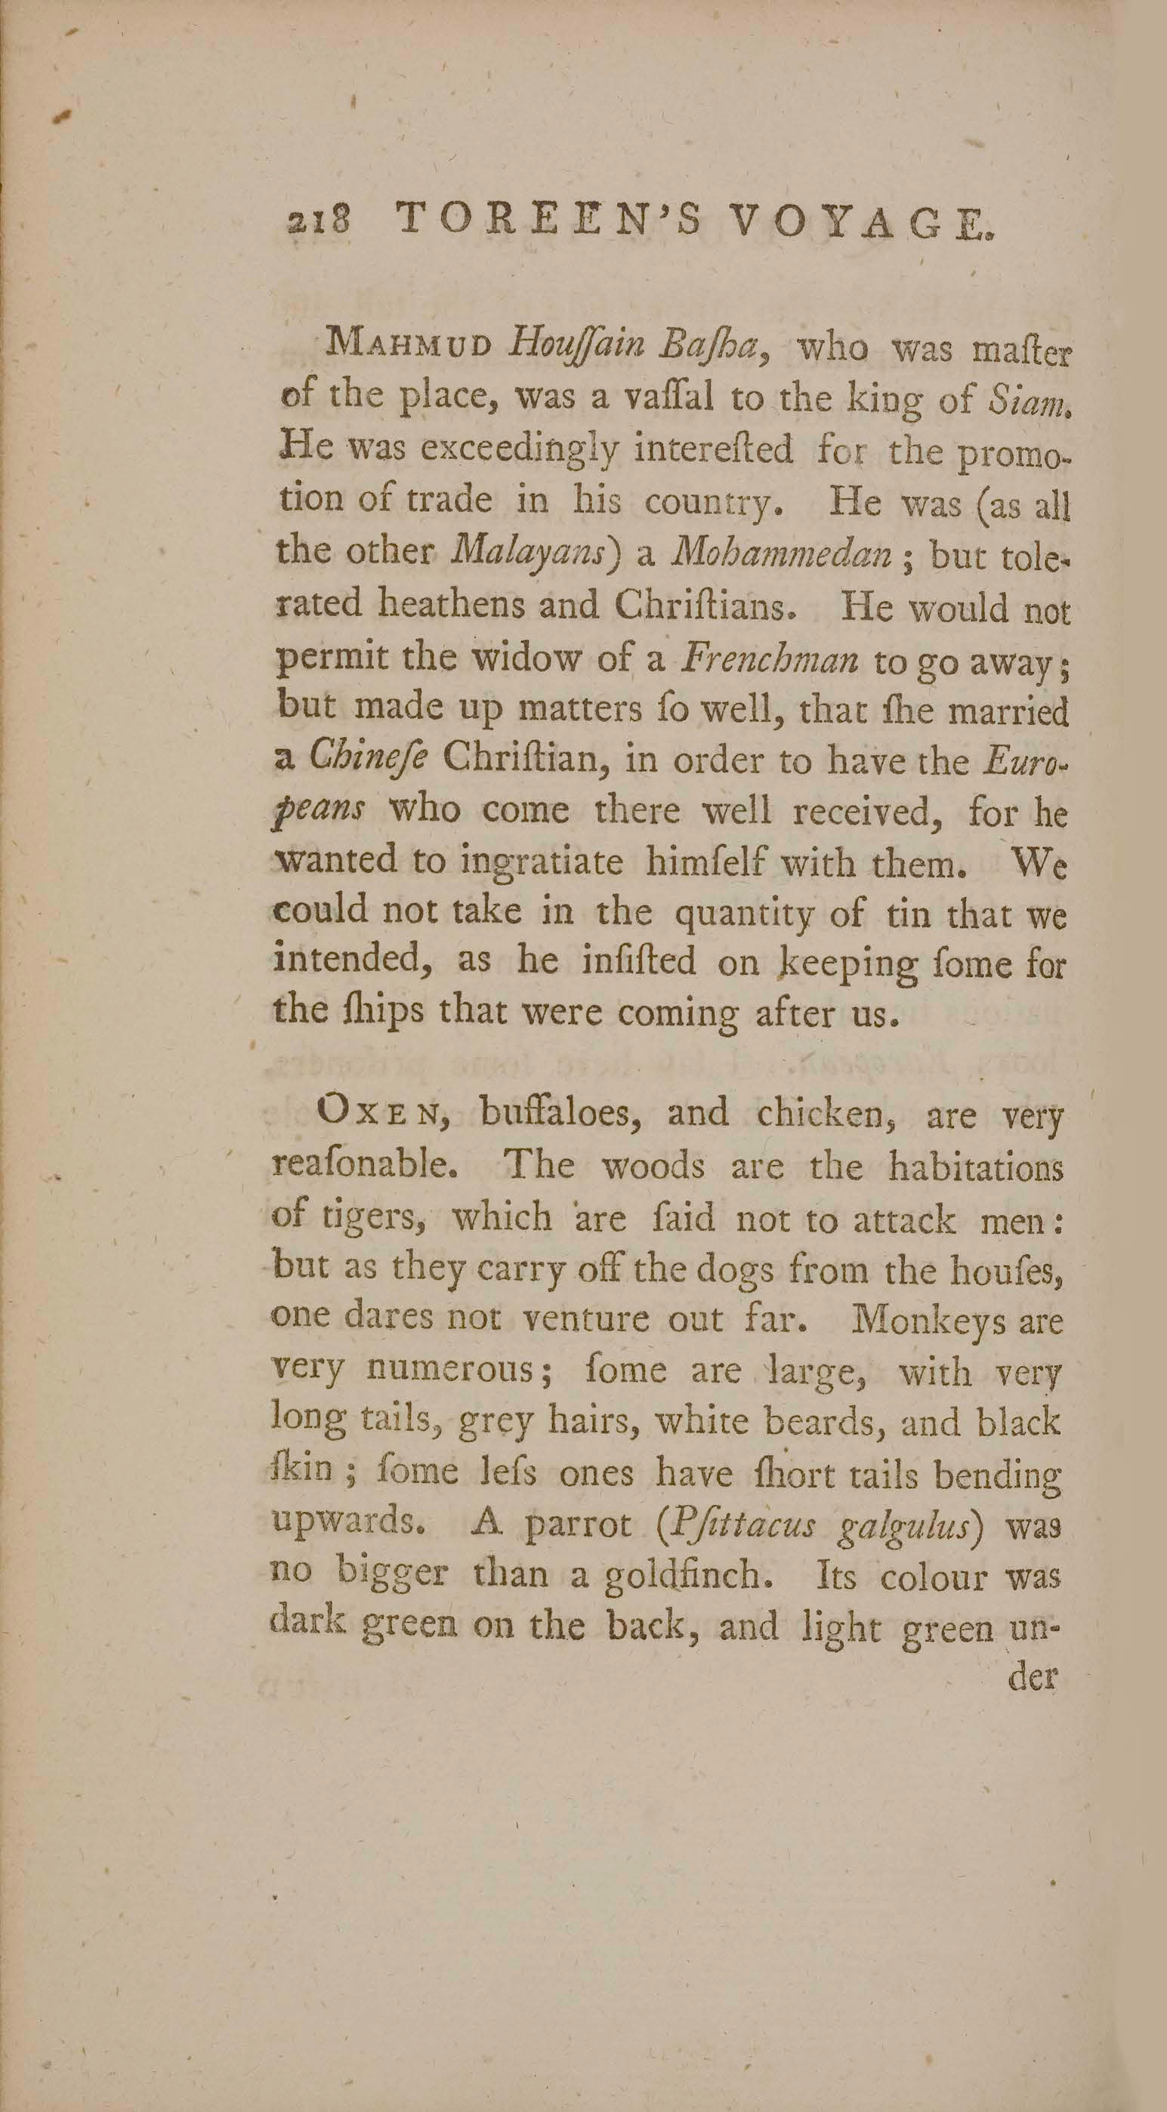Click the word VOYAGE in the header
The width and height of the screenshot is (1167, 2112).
862,223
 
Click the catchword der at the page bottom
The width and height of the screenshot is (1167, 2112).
1035,1678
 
